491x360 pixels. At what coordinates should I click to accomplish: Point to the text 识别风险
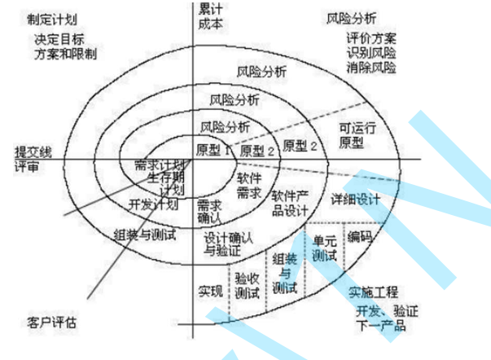[371, 54]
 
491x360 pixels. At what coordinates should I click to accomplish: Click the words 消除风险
[371, 67]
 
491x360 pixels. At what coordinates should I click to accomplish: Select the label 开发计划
[153, 204]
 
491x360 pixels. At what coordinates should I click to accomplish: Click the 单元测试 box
[325, 248]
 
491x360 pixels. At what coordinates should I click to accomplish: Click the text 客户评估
[51, 323]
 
